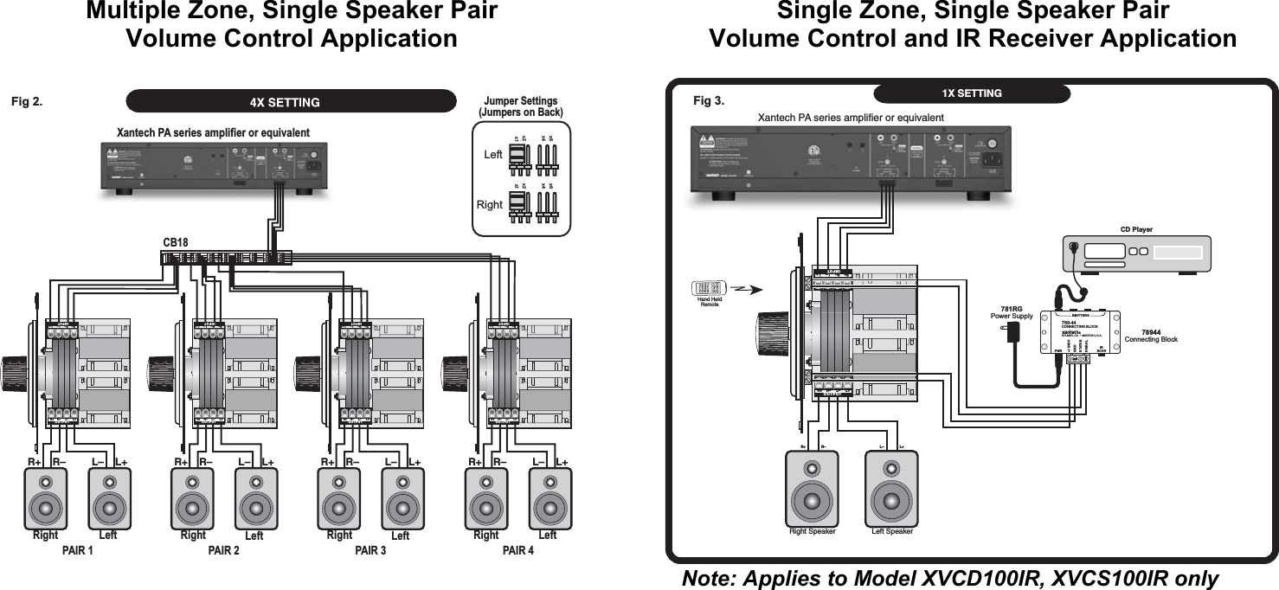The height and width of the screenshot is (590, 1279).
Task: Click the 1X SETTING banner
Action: point(971,93)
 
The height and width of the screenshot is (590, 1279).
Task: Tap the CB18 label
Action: point(176,243)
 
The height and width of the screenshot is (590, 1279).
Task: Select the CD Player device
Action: point(1136,253)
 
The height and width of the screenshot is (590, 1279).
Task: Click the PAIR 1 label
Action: point(78,551)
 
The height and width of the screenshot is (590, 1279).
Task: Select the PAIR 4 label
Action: point(518,551)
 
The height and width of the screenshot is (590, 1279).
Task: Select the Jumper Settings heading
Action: point(520,106)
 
